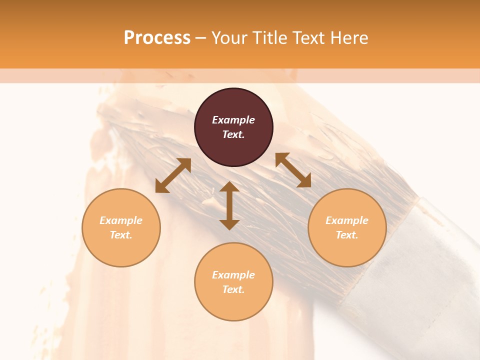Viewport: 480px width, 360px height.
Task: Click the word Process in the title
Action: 157,38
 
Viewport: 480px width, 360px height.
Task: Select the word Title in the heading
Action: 269,38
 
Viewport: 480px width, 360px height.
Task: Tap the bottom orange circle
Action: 233,305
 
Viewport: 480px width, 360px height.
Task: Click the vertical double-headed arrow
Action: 229,205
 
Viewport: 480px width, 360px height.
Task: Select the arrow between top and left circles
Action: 173,175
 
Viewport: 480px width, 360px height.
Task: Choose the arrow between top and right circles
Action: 293,170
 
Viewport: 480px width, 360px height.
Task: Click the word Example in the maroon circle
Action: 233,120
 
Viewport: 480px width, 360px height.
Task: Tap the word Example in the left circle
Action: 121,220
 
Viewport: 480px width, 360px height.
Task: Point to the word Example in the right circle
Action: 347,220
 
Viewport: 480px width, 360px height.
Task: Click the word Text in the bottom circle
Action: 233,289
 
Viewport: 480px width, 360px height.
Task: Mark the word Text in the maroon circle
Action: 233,134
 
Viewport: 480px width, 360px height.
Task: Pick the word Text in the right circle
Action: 347,235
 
